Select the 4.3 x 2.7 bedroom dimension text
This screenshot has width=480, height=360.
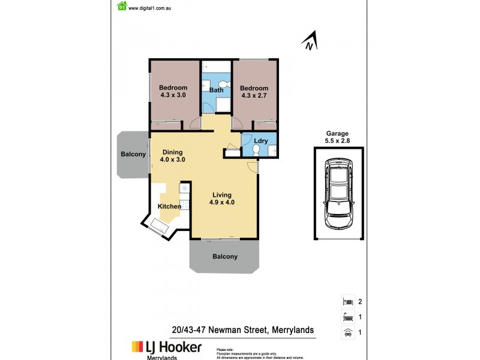point(254,95)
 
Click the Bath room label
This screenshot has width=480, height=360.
point(216,91)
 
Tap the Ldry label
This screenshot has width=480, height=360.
point(260,141)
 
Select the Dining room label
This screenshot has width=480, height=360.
point(172,152)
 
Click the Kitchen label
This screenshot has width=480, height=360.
point(169,207)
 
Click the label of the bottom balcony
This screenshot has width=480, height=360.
point(225,257)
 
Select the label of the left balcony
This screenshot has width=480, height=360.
point(133,154)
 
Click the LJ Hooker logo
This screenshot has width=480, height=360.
point(167,347)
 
